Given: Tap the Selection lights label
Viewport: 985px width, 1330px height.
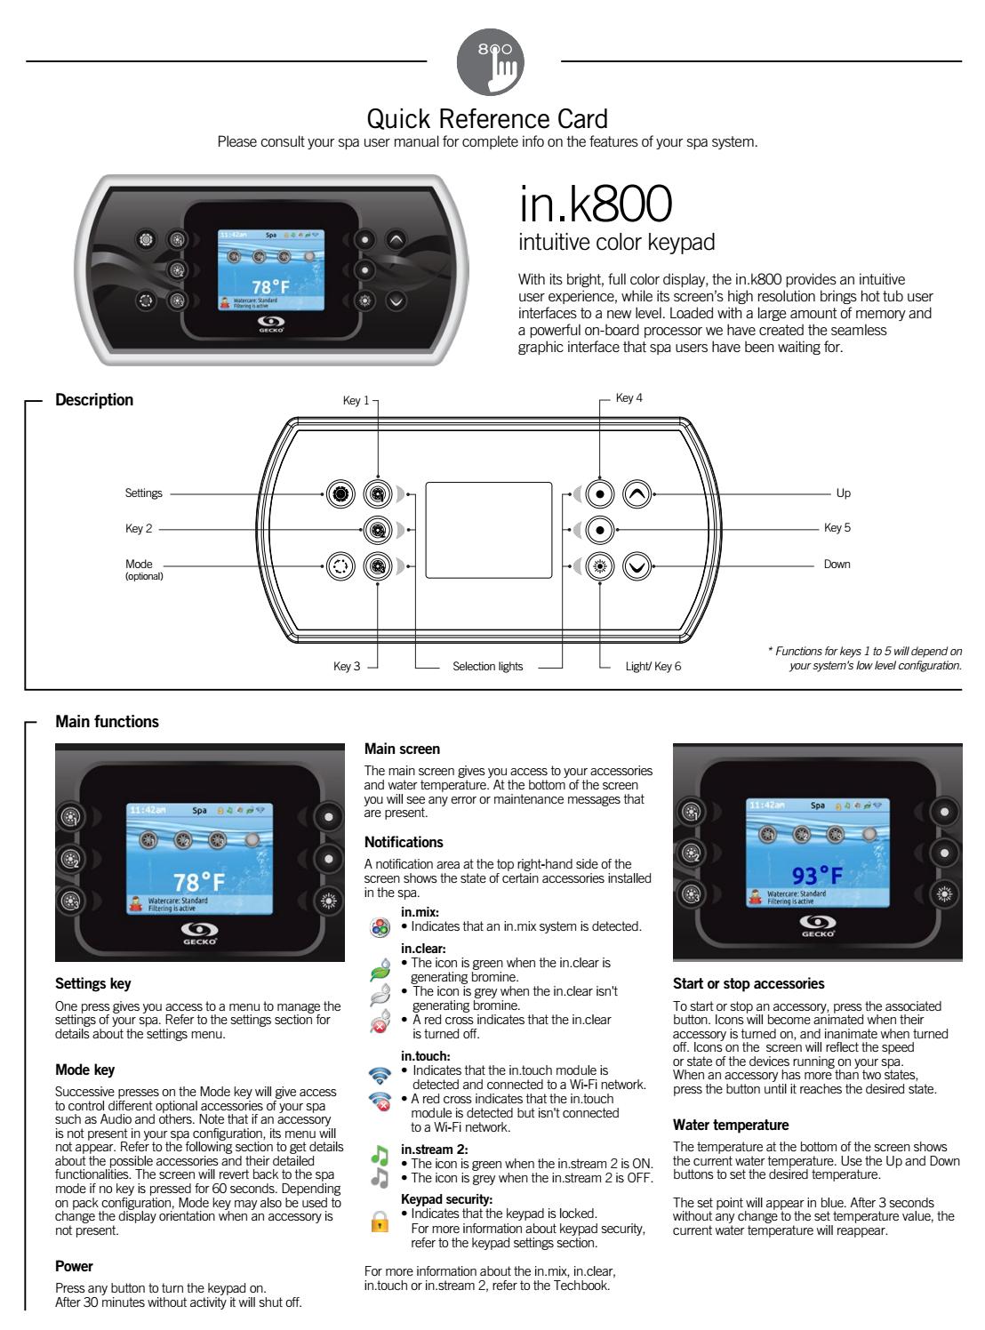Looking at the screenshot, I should [488, 666].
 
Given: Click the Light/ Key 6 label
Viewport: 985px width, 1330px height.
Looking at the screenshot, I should [653, 666].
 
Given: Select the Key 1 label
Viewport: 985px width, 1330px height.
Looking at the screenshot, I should [356, 401].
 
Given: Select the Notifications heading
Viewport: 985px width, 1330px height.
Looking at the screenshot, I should [404, 842].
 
